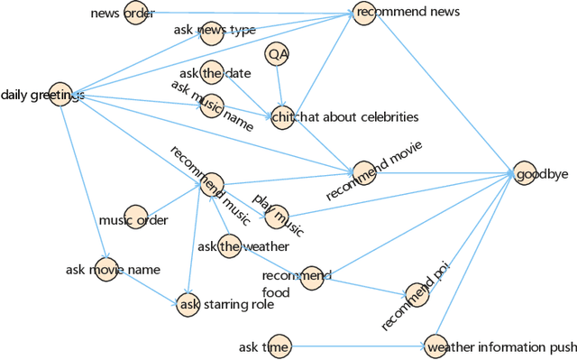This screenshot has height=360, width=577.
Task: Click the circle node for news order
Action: [x=135, y=14]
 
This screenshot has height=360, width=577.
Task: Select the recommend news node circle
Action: [x=363, y=14]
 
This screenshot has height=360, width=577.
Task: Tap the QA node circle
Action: [x=278, y=54]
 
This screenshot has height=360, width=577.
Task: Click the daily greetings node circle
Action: [x=60, y=95]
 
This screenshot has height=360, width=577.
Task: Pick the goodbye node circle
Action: [x=525, y=174]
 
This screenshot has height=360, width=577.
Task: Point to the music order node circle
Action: [x=135, y=217]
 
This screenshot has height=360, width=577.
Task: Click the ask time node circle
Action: [x=279, y=346]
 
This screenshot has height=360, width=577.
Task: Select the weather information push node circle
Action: [x=435, y=346]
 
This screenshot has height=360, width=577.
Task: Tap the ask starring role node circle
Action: [x=188, y=304]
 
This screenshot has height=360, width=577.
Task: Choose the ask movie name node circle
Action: [x=106, y=270]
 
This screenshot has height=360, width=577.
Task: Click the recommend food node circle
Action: [x=312, y=278]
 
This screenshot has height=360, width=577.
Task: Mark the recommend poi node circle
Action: [x=417, y=292]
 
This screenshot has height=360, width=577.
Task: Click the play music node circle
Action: [x=275, y=214]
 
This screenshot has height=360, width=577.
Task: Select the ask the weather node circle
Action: [x=229, y=245]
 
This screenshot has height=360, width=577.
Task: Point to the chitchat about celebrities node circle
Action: [x=280, y=117]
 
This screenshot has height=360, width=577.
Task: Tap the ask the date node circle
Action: [x=212, y=73]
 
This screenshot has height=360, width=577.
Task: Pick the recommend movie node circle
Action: [x=363, y=172]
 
